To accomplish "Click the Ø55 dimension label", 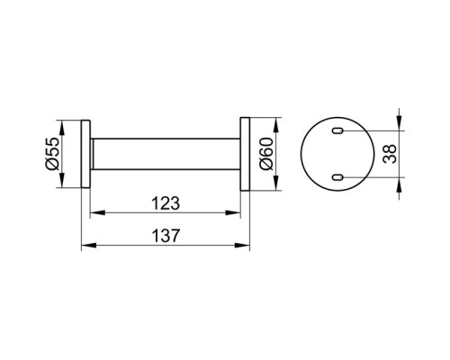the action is [52, 154].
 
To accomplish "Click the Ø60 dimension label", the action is [266, 154].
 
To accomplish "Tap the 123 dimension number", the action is [166, 203].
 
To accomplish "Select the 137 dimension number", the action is [166, 236].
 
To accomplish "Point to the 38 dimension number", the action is [390, 154].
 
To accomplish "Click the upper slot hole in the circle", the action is [337, 130].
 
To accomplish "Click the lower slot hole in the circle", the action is [337, 177].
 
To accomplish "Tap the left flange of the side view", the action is [85, 154].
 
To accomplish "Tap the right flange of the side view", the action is [245, 154].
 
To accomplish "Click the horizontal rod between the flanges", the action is [166, 154].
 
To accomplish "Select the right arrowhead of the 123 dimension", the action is [233, 212].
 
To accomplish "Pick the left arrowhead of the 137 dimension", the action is [89, 246].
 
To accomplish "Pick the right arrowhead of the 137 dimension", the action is [242, 246].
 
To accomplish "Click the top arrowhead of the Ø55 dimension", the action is [62, 128].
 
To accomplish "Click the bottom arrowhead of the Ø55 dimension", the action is [62, 180].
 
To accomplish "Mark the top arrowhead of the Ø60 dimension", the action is [275, 125].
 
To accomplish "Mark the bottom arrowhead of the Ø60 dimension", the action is [275, 183].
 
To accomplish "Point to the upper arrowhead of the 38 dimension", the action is [399, 123].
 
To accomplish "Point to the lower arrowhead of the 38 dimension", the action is [399, 184].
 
